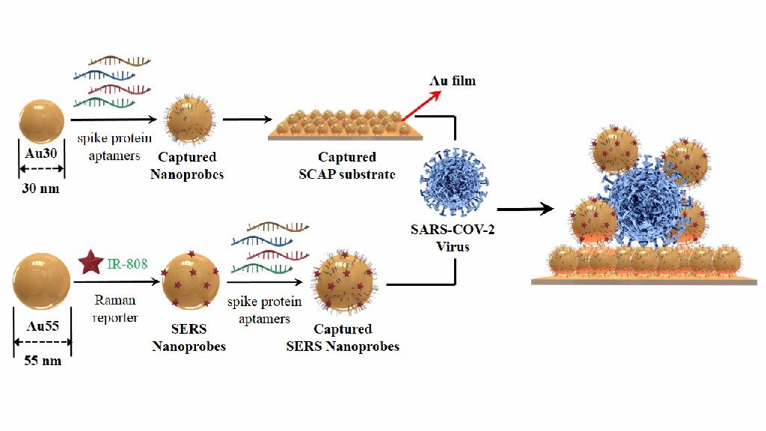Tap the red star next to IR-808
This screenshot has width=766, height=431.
(91, 264)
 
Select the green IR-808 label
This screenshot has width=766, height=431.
(126, 264)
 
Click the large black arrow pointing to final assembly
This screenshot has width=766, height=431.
(528, 210)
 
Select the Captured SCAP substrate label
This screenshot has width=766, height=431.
(347, 165)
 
